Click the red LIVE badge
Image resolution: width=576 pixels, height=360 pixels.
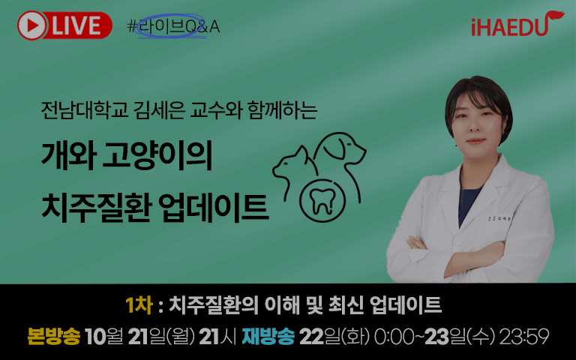tap(64, 25)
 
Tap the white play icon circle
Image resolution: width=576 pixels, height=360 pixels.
tap(32, 25)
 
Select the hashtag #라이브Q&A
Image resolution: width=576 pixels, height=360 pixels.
tap(173, 26)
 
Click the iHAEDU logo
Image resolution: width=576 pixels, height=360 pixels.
tap(517, 24)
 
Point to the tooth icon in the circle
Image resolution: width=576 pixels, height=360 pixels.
tap(322, 201)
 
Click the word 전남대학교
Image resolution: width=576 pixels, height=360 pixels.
tap(85, 109)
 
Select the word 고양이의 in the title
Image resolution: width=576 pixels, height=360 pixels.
tap(158, 155)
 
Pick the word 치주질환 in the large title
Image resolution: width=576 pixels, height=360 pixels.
tap(97, 207)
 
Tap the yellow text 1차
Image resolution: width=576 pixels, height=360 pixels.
tap(139, 305)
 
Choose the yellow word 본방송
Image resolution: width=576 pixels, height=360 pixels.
tap(54, 336)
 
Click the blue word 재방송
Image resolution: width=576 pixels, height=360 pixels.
tap(268, 336)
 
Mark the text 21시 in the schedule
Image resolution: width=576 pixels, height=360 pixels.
tap(217, 337)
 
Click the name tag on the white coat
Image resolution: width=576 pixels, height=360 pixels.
tap(499, 218)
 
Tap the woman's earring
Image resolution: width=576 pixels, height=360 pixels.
tap(503, 131)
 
